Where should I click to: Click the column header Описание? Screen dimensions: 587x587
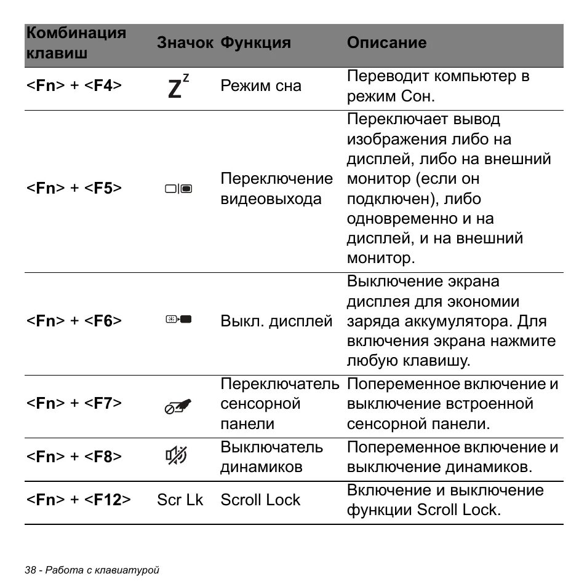tap(386, 42)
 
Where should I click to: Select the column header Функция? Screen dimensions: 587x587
tap(255, 42)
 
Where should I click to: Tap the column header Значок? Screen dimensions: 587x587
tap(185, 42)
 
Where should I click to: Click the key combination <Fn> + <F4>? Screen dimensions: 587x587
tap(74, 85)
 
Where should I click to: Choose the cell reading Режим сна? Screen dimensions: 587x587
tap(261, 85)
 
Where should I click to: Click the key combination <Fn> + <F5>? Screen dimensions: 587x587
tap(74, 188)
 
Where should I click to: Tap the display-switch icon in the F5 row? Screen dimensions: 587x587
tap(178, 189)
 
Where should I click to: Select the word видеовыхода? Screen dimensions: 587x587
tap(271, 199)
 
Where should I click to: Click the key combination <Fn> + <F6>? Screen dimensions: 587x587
tap(74, 321)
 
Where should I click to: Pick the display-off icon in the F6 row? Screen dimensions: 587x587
tap(178, 320)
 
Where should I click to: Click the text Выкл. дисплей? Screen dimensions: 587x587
tap(276, 321)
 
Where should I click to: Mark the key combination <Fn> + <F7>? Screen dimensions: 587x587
tap(74, 403)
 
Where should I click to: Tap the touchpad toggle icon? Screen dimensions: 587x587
tap(178, 406)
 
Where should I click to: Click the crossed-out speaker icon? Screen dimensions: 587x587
tap(177, 456)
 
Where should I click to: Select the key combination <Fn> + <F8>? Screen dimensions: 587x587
tap(74, 457)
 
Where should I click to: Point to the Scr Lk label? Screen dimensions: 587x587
tap(180, 500)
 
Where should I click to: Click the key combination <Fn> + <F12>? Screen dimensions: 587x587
tap(78, 500)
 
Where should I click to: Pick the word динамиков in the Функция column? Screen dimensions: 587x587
tap(262, 467)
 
